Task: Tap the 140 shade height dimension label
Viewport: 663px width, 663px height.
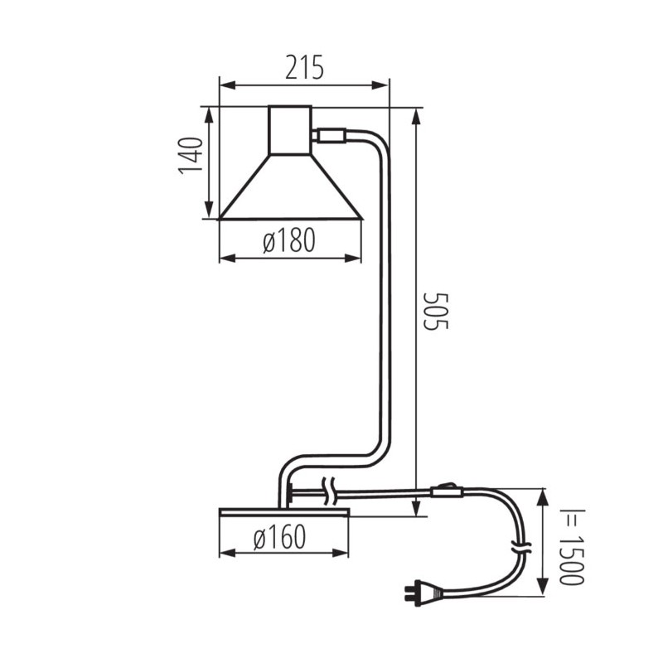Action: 191,155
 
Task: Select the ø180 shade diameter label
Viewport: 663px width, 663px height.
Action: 289,241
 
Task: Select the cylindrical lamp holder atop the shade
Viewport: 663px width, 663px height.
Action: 290,130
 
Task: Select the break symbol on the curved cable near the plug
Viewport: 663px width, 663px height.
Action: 520,549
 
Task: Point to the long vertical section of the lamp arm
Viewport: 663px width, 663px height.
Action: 384,307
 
